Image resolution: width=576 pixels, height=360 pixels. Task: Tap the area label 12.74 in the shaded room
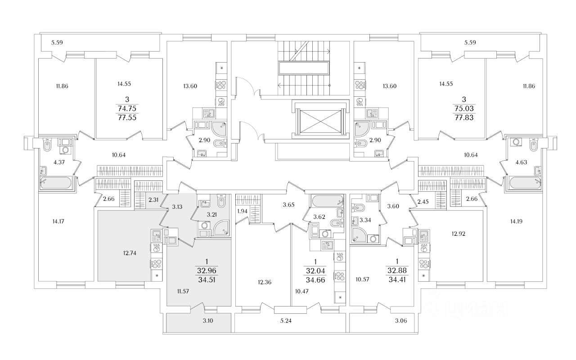pos(130,253)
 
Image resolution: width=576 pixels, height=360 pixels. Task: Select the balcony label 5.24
pos(286,321)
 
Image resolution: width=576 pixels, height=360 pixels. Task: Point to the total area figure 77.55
pos(127,118)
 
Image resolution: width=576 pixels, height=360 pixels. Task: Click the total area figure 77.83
pos(464,118)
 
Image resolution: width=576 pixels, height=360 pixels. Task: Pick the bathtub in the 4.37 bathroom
pos(55,183)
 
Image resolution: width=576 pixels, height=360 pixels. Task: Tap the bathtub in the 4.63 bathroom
pos(525,183)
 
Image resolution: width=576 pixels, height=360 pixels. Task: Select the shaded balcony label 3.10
pos(208,321)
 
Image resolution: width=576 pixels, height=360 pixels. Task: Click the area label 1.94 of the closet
pos(242,211)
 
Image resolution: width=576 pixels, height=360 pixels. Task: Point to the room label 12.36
pos(264,282)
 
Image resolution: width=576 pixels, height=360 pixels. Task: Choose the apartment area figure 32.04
pos(315,271)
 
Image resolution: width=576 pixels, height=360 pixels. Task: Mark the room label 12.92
pos(459,234)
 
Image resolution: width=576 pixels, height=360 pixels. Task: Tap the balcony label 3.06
pos(401,321)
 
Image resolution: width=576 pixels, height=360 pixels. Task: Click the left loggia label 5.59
pos(57,42)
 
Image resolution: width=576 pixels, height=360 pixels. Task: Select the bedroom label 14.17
pos(58,221)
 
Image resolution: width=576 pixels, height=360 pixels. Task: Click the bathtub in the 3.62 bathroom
pos(327,201)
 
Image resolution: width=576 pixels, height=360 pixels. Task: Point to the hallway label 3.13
pos(177,207)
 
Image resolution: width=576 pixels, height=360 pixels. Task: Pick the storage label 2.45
pos(423,202)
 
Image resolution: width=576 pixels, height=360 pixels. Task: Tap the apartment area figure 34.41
pos(397,279)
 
